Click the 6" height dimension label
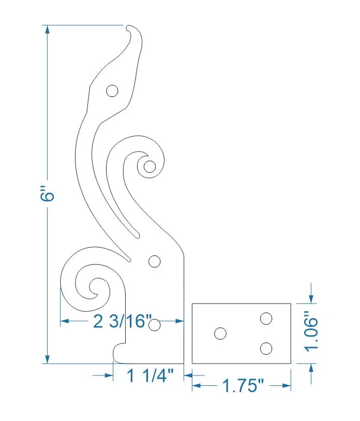[x=47, y=196]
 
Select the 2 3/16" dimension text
[x=123, y=321]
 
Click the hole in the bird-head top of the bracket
[x=112, y=92]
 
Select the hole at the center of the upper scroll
[x=149, y=167]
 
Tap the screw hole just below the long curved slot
[x=154, y=261]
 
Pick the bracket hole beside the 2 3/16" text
[x=154, y=325]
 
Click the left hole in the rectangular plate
[x=220, y=334]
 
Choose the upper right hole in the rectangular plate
[x=266, y=318]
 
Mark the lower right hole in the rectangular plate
[x=266, y=349]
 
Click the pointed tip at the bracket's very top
[x=129, y=25]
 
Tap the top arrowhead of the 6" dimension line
[x=47, y=29]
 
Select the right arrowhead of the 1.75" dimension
[x=287, y=385]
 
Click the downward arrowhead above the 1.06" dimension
[x=311, y=299]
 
